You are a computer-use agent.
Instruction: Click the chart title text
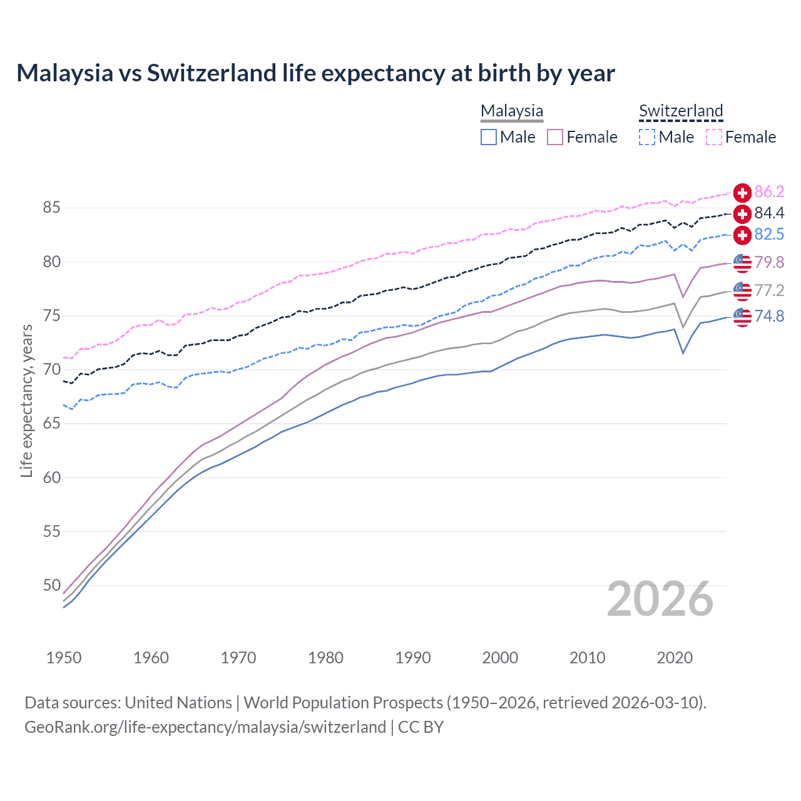tap(315, 73)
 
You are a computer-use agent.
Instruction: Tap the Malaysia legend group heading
tap(512, 111)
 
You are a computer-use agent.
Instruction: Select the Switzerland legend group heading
tap(681, 111)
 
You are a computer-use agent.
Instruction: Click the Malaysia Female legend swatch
tap(555, 137)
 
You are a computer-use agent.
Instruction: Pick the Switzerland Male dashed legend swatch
tap(647, 137)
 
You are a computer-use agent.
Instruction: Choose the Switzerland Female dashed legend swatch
tap(714, 137)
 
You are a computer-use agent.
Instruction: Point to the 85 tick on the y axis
tap(51, 208)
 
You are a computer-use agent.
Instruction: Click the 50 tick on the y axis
tap(51, 586)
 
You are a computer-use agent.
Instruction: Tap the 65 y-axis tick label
tap(51, 424)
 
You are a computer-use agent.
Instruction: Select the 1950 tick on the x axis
tap(64, 658)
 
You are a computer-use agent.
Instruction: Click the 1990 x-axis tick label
tap(413, 658)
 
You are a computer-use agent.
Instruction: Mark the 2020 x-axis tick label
tap(675, 658)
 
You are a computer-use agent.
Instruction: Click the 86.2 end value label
tap(769, 192)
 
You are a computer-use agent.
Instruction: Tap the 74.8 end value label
tap(769, 317)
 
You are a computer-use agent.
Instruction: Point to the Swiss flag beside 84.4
tap(742, 214)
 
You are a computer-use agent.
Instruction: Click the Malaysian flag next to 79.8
tap(742, 263)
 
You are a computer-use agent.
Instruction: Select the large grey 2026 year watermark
tap(660, 599)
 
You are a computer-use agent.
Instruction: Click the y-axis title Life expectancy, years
tap(26, 400)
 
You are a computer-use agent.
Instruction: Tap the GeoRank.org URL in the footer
tap(205, 727)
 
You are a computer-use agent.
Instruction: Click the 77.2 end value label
tap(769, 290)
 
